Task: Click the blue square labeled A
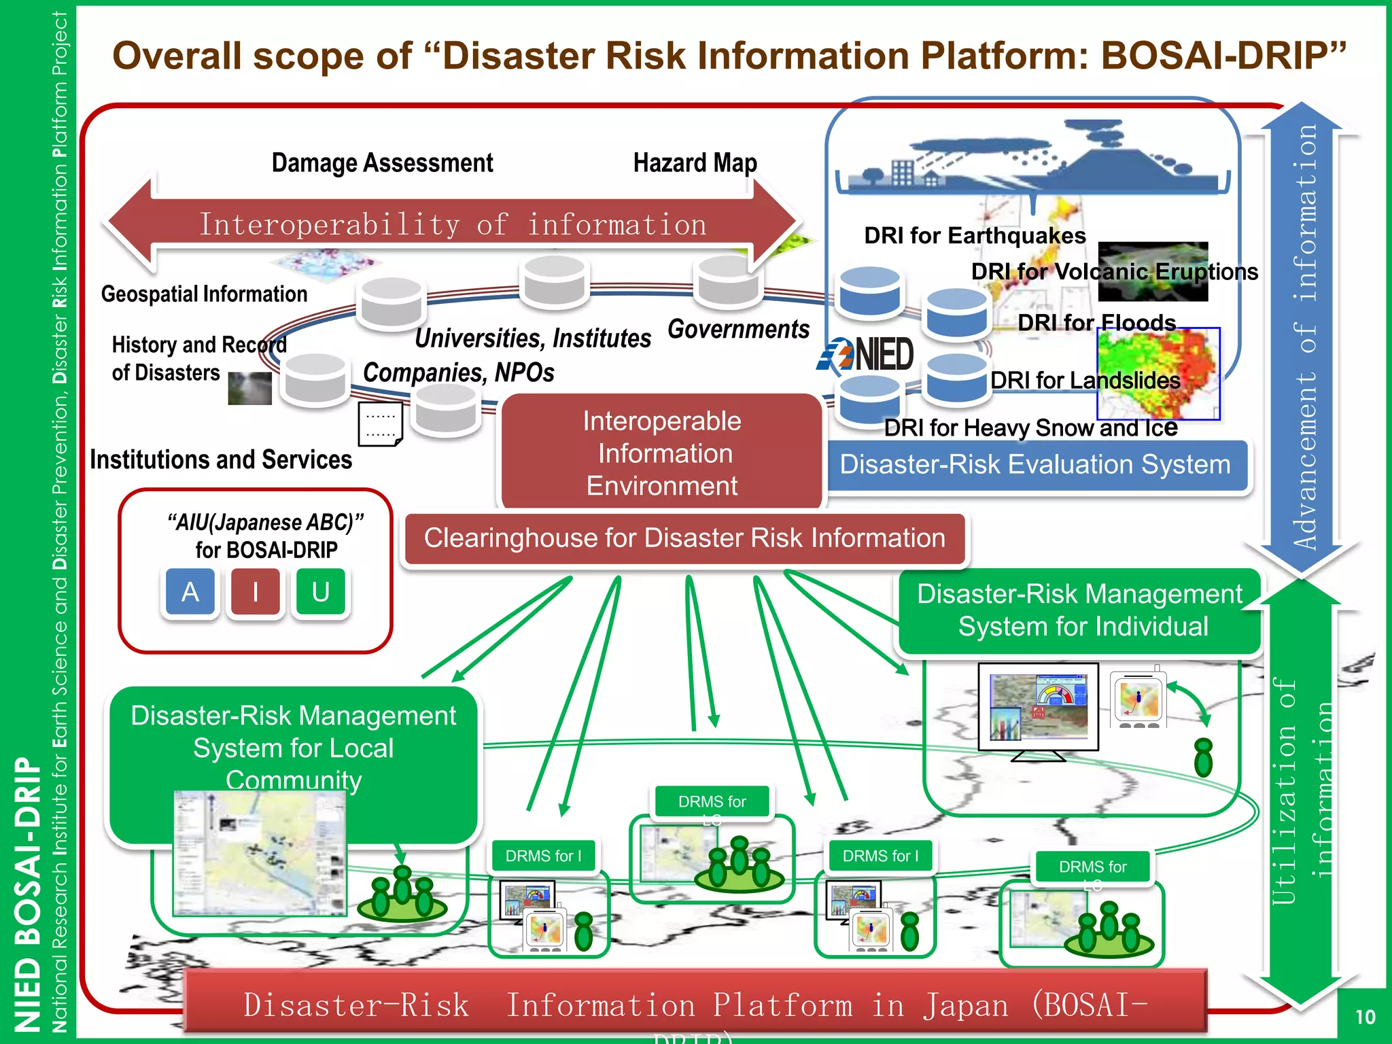(x=190, y=592)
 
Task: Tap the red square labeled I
(x=256, y=592)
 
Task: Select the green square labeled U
(x=321, y=592)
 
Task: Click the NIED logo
(x=867, y=354)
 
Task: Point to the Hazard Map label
(x=695, y=163)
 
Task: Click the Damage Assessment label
(x=382, y=163)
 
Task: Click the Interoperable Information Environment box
(x=661, y=453)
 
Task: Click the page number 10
(x=1364, y=1017)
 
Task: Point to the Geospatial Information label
(x=204, y=294)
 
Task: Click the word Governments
(x=738, y=330)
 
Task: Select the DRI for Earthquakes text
(x=975, y=236)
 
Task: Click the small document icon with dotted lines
(x=380, y=423)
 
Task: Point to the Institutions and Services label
(x=221, y=460)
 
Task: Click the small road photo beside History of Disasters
(x=249, y=388)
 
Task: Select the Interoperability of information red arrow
(x=452, y=225)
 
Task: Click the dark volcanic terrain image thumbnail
(x=1153, y=272)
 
